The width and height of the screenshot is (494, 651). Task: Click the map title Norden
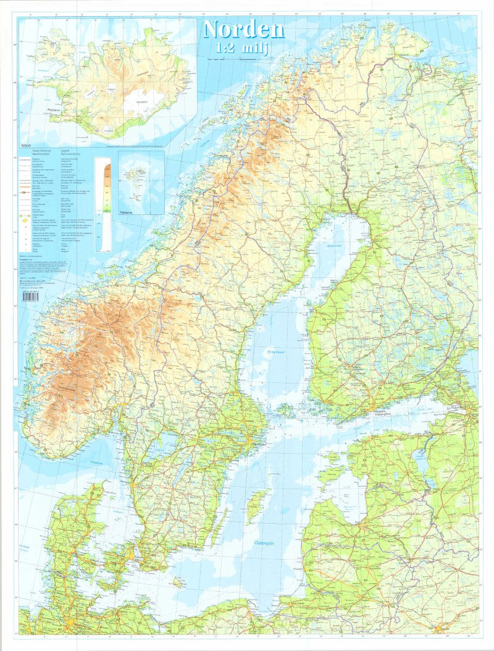[243, 29]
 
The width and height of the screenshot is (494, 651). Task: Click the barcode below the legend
[30, 296]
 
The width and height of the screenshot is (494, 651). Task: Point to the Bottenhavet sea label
[274, 352]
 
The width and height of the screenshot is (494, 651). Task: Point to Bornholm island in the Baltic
[179, 582]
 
